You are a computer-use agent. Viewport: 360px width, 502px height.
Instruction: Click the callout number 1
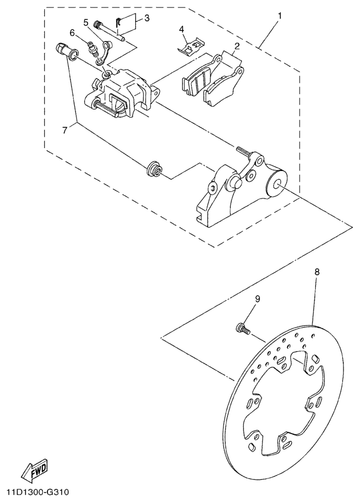pos(278,16)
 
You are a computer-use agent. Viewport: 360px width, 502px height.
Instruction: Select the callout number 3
pos(147,18)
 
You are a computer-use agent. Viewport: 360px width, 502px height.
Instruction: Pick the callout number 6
pos(73,33)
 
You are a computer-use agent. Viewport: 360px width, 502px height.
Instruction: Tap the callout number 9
pos(257,299)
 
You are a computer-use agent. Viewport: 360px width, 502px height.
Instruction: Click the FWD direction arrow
pos(35,469)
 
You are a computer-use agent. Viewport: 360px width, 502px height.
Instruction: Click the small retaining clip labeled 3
pos(120,22)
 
